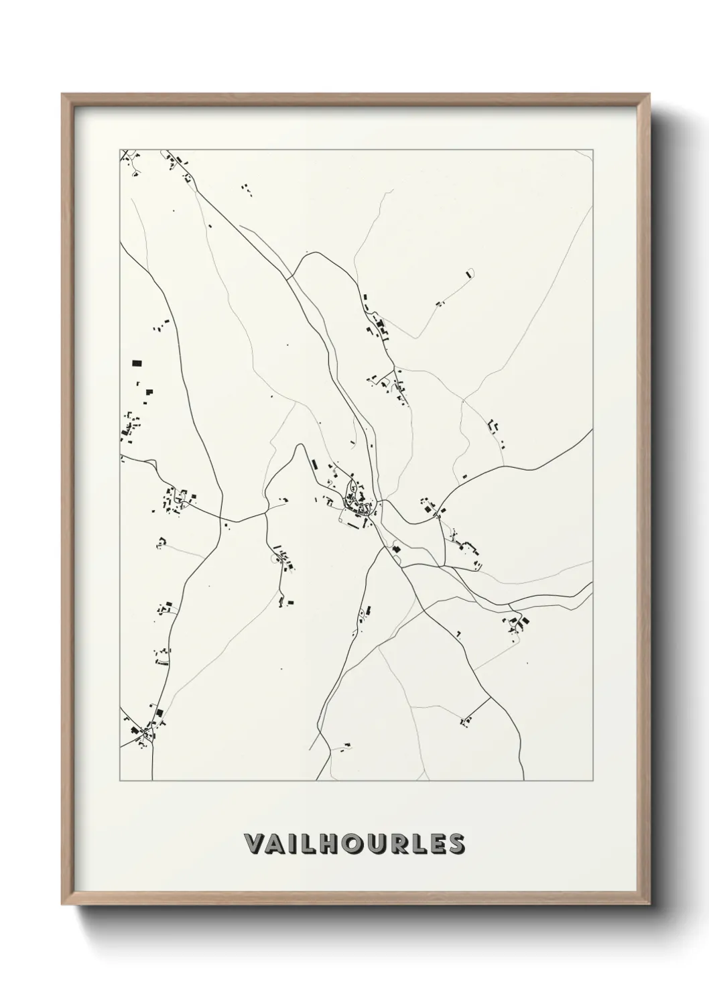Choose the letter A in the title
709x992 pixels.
tap(278, 845)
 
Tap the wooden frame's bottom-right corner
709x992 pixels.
tap(649, 904)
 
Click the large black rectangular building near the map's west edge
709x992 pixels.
tap(137, 363)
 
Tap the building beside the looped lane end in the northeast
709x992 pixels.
tap(467, 274)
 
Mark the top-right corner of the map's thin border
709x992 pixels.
tap(593, 149)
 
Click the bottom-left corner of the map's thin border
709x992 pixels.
tap(120, 781)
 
